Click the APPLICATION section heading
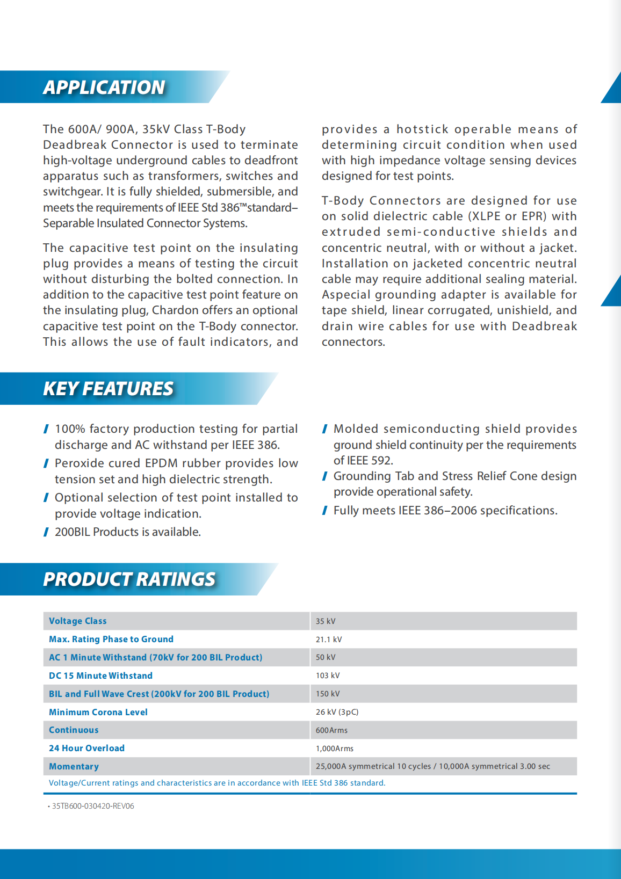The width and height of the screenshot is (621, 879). [104, 88]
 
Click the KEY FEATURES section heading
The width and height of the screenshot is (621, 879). [109, 389]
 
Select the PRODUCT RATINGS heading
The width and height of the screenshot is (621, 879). [129, 579]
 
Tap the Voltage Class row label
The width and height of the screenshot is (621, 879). [78, 621]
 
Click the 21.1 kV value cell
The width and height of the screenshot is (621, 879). [329, 640]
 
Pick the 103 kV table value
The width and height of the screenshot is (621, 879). [328, 675]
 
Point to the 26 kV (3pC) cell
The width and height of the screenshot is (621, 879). [337, 712]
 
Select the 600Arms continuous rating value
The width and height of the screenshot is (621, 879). [331, 730]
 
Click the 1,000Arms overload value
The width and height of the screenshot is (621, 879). [335, 749]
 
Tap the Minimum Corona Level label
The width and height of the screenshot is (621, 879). [98, 712]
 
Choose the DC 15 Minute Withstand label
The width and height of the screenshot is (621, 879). [100, 675]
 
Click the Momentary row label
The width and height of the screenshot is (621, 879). [74, 767]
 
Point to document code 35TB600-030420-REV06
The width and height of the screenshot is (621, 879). [93, 806]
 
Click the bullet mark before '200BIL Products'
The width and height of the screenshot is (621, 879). [46, 532]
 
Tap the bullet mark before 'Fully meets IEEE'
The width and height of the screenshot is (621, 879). [325, 511]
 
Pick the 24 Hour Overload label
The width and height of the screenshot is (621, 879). [86, 749]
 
